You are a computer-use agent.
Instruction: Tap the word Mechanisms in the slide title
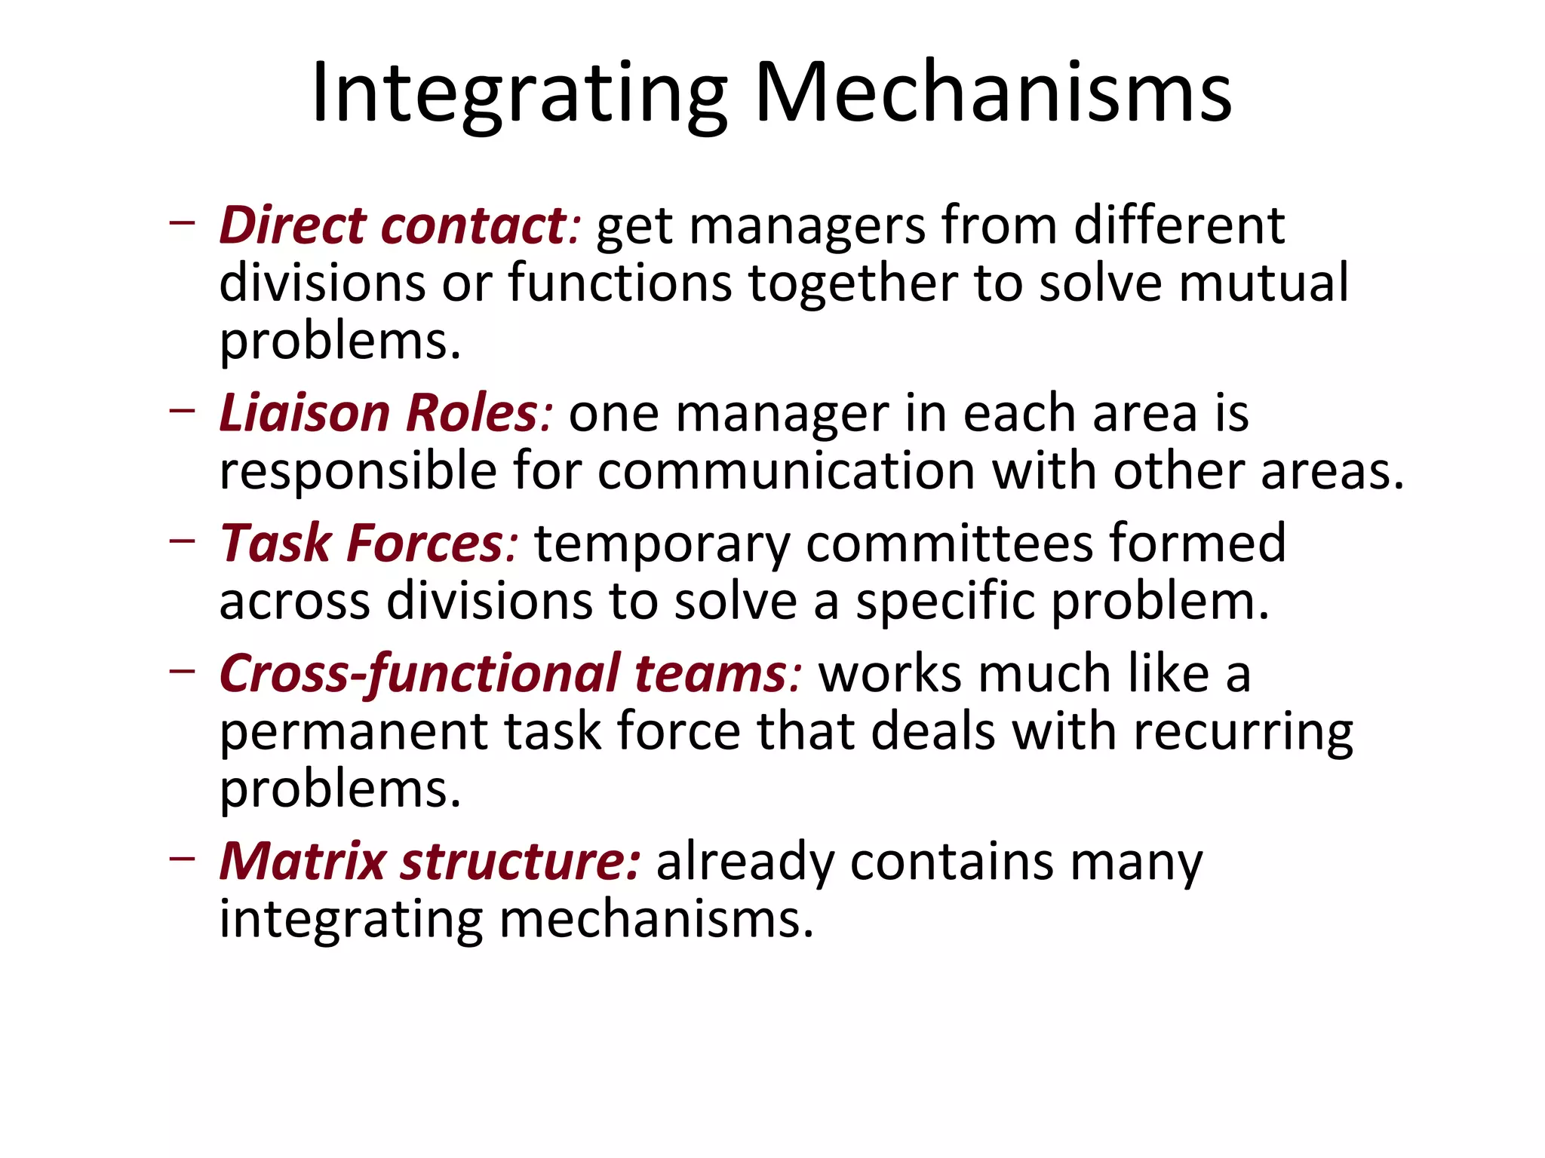point(993,93)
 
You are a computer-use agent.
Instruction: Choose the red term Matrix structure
point(430,861)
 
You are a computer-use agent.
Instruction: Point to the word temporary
point(662,544)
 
